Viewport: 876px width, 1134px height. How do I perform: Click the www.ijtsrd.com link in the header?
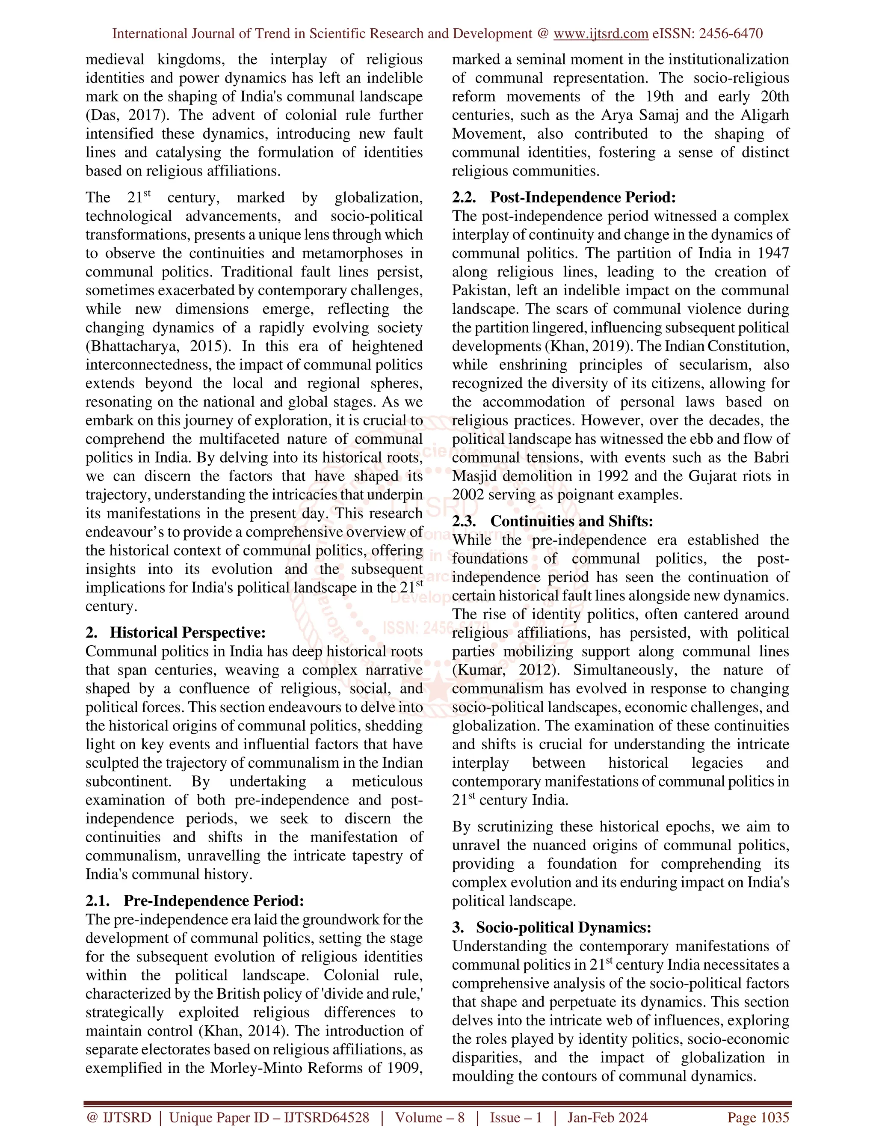click(601, 34)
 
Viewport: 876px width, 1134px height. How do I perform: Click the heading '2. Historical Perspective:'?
click(175, 632)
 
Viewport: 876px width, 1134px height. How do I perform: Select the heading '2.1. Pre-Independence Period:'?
click(195, 900)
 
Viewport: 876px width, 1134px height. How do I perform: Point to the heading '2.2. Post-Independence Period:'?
click(564, 197)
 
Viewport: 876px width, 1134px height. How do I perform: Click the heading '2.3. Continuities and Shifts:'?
click(552, 521)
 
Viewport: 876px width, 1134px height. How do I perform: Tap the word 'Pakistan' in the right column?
click(479, 290)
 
